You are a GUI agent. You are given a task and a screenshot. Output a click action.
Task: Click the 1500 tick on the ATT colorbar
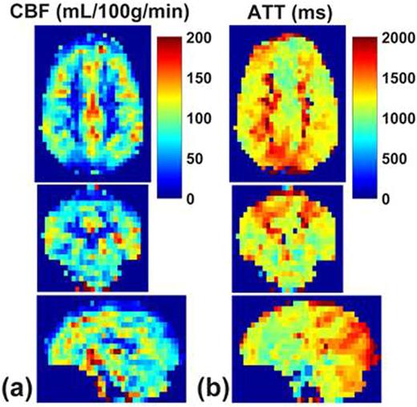point(397,79)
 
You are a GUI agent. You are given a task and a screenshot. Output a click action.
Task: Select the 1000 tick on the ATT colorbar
point(397,119)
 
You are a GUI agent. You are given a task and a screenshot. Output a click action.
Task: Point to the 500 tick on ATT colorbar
point(393,158)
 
